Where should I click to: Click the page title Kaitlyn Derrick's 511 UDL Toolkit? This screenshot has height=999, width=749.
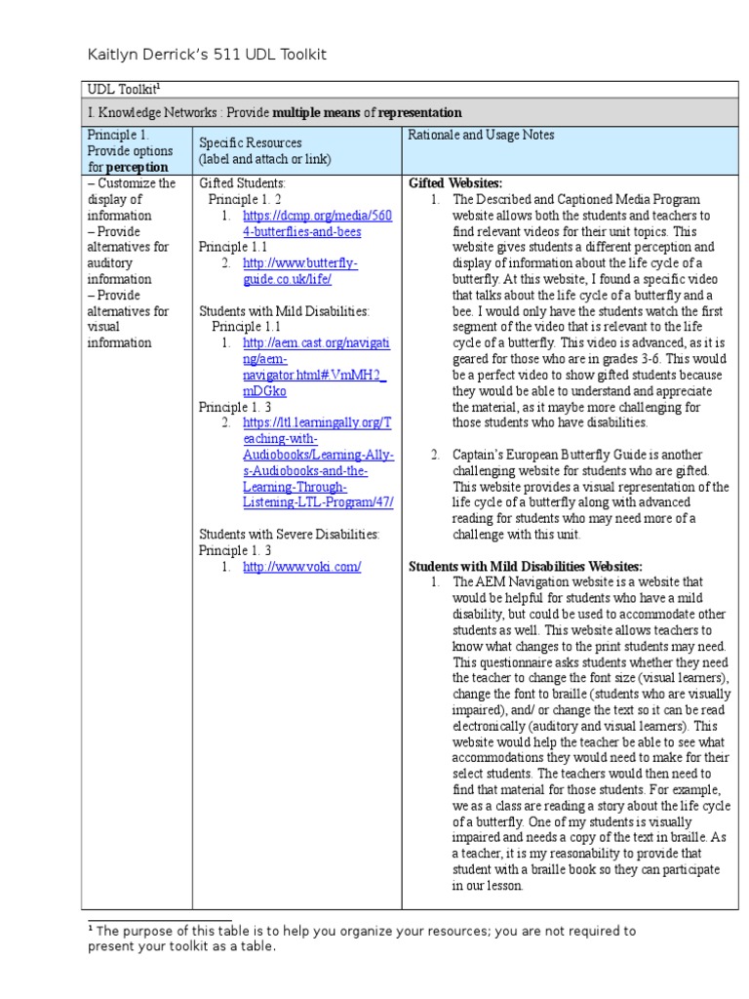pos(214,55)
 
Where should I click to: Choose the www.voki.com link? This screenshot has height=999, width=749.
pos(301,566)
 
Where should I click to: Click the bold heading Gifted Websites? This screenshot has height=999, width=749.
pos(455,183)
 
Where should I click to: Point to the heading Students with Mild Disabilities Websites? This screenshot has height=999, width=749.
pos(525,566)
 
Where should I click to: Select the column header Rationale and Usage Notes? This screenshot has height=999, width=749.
pos(481,135)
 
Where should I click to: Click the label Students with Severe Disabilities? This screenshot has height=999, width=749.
pos(289,534)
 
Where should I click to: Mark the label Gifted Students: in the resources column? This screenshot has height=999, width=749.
pos(242,183)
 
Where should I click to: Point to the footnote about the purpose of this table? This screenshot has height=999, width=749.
pos(361,939)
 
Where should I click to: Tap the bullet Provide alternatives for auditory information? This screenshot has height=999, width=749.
pos(128,256)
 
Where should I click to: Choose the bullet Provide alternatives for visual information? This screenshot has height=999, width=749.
pos(128,319)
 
